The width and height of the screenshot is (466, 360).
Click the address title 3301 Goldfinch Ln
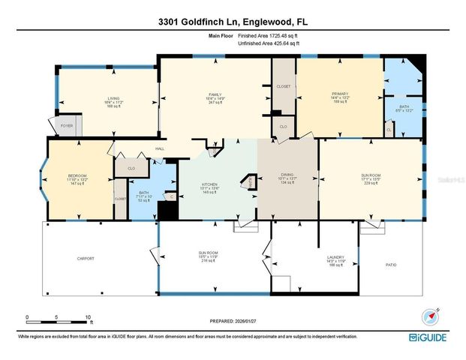(233, 22)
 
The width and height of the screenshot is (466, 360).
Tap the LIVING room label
(113, 98)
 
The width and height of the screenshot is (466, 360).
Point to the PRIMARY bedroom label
(341, 94)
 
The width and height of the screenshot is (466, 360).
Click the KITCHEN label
(209, 184)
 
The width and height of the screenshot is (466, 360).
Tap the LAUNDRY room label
(335, 257)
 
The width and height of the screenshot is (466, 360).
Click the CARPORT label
(86, 259)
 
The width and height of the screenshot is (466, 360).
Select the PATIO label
(390, 265)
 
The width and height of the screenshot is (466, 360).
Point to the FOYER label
(67, 126)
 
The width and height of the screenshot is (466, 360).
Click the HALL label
(160, 149)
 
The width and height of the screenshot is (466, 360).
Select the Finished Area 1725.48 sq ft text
(268, 36)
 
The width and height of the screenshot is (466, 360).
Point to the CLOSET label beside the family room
(283, 87)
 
